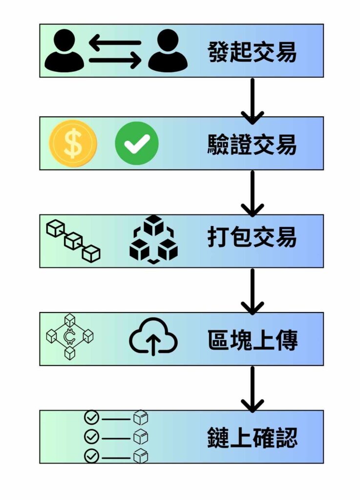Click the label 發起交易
pyautogui.click(x=252, y=51)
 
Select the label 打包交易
pyautogui.click(x=252, y=238)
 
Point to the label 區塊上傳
pyautogui.click(x=252, y=339)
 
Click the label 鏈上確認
pyautogui.click(x=252, y=436)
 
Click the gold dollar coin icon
pyautogui.click(x=73, y=144)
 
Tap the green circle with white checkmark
pyautogui.click(x=136, y=144)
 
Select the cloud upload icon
pyautogui.click(x=153, y=336)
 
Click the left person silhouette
pyautogui.click(x=64, y=51)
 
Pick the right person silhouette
pyautogui.click(x=168, y=51)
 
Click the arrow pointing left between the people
pyautogui.click(x=115, y=42)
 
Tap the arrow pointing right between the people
pyautogui.click(x=115, y=61)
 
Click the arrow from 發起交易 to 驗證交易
pyautogui.click(x=253, y=100)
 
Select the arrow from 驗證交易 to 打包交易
pyautogui.click(x=253, y=193)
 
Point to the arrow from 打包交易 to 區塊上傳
pyautogui.click(x=253, y=291)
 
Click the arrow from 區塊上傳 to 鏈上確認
pyautogui.click(x=253, y=389)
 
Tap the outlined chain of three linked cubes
pyautogui.click(x=73, y=240)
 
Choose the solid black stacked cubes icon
pyautogui.click(x=153, y=239)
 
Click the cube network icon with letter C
pyautogui.click(x=69, y=336)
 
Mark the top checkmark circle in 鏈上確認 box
pyautogui.click(x=92, y=418)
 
